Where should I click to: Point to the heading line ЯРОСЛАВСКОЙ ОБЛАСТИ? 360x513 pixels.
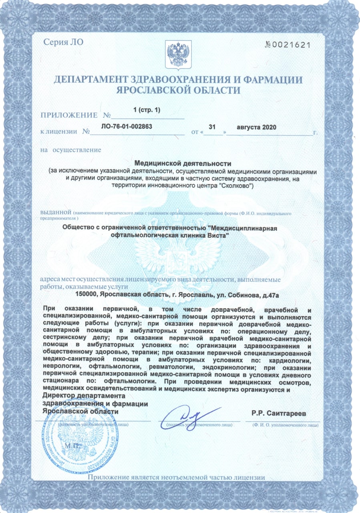pos(178,90)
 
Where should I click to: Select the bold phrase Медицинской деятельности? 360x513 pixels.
pos(183,164)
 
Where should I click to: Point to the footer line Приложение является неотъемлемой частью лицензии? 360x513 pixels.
pos(177,477)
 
